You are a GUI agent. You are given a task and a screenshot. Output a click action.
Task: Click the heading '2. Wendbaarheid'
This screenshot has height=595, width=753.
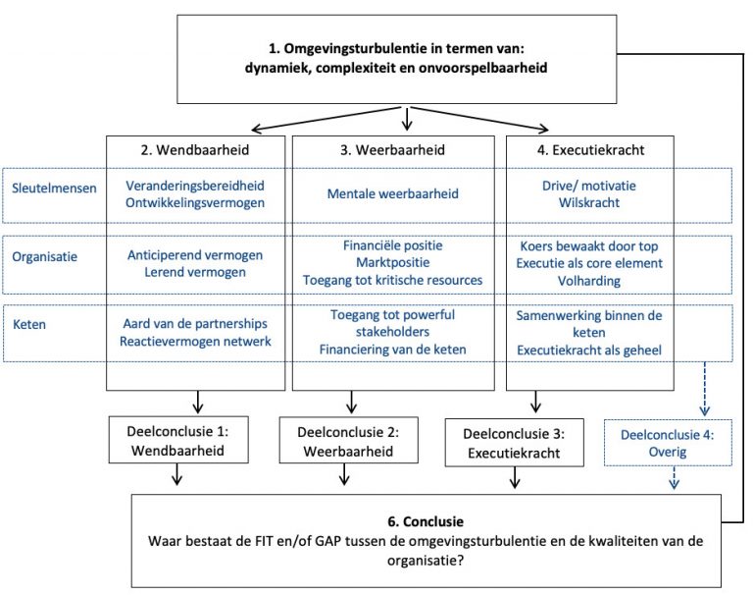click(x=195, y=152)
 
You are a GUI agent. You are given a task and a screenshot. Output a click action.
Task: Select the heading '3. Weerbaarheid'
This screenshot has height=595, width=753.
click(x=394, y=152)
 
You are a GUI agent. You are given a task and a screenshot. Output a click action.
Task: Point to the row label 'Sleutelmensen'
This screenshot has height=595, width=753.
click(x=55, y=187)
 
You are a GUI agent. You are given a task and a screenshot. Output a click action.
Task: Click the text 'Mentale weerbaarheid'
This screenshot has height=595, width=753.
click(x=394, y=194)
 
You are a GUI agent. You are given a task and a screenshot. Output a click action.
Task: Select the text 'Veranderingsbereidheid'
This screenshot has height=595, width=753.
click(x=195, y=186)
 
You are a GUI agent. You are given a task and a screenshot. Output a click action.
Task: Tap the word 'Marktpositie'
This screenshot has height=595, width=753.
click(x=394, y=262)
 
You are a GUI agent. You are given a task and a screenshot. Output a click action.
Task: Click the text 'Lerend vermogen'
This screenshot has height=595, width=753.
click(x=195, y=272)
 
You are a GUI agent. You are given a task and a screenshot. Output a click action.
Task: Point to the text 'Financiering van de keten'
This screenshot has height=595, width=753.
click(x=394, y=350)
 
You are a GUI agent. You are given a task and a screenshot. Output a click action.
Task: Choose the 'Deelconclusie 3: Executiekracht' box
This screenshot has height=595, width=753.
click(x=512, y=444)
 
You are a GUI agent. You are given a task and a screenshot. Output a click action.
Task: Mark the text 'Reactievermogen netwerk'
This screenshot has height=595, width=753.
click(x=195, y=341)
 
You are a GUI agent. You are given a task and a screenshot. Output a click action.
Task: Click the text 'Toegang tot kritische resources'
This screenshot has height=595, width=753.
click(x=394, y=280)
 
